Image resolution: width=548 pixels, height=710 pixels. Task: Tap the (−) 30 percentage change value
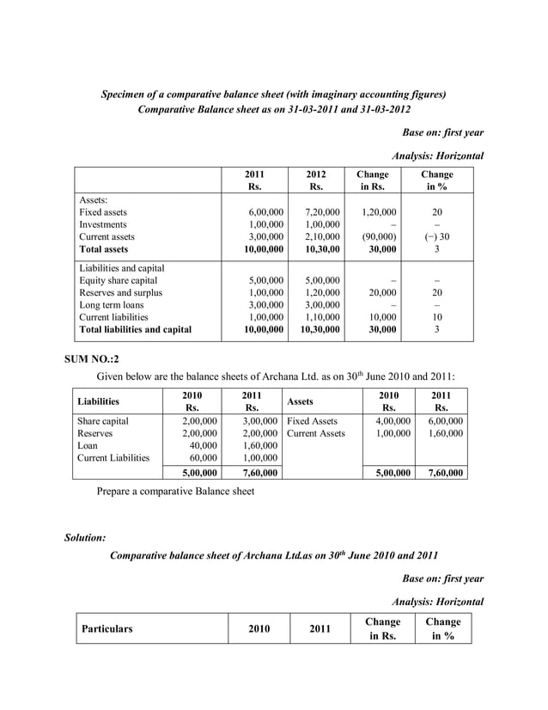tap(437, 236)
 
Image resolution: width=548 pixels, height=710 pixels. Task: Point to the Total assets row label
tap(103, 249)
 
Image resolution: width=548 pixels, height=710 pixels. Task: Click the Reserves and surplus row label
tap(119, 292)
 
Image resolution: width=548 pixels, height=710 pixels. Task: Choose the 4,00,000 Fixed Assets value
tap(393, 422)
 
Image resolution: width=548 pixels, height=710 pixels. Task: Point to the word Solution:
tap(85, 538)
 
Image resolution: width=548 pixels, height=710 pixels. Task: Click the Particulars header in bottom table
tap(107, 629)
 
